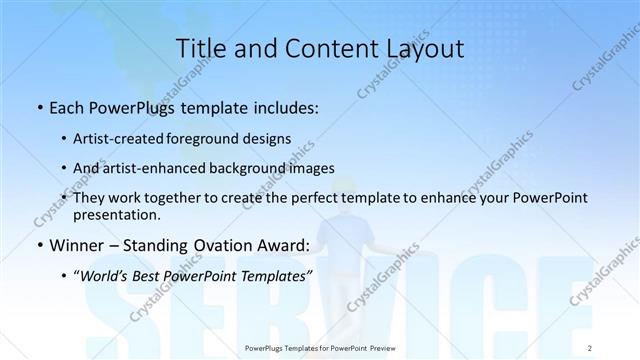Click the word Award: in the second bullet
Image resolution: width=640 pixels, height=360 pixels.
(x=284, y=245)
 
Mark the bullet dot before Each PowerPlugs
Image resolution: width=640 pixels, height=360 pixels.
(x=38, y=108)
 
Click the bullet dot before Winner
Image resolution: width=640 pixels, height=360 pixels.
(x=38, y=245)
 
